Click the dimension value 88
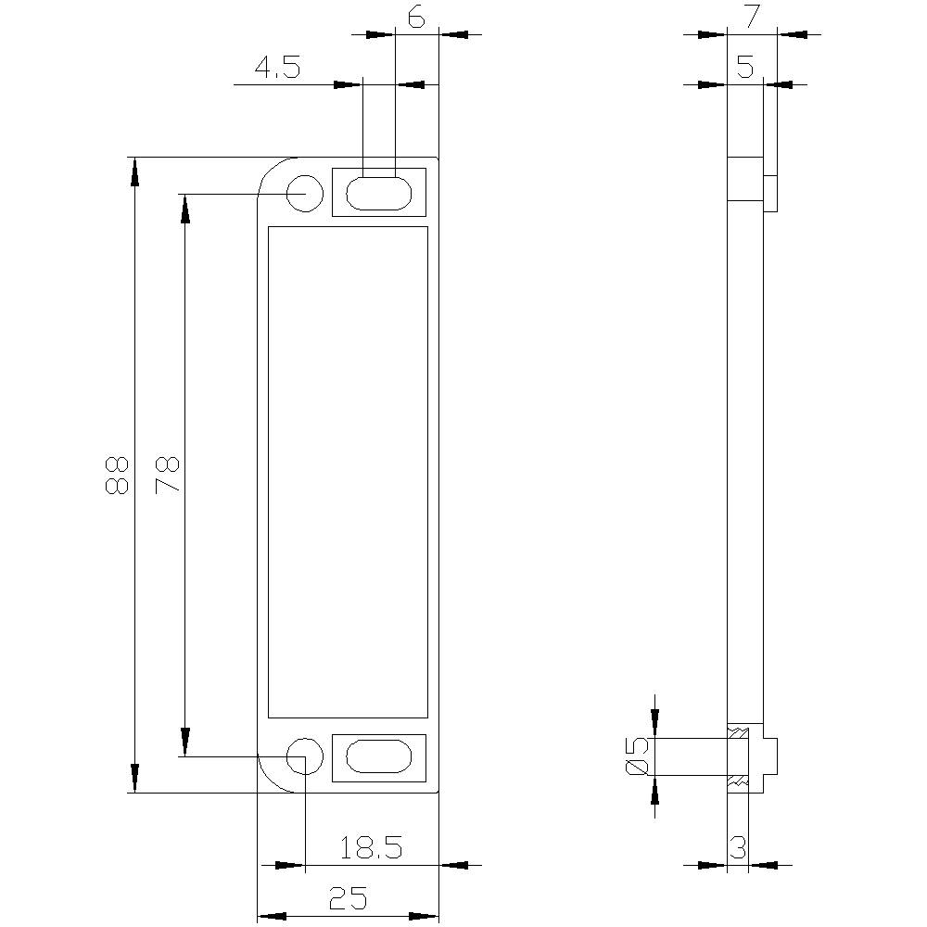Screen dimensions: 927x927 coord(116,475)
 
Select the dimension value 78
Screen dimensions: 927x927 coord(167,475)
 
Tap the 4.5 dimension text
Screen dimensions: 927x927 coord(277,69)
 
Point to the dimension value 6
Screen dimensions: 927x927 coord(416,19)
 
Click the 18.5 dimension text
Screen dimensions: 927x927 coord(370,847)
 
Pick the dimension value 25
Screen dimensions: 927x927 coord(348,897)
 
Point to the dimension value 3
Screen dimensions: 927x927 coord(738,847)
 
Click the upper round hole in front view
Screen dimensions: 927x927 coord(304,193)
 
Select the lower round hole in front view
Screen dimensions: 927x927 coord(304,756)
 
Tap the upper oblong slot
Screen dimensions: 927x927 coord(378,193)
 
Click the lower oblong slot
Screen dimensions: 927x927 coord(378,756)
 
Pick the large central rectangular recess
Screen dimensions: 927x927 coord(348,473)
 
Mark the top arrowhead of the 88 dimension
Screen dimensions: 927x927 coord(135,171)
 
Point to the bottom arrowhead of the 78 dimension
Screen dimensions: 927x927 coord(185,742)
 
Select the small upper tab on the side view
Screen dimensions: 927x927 coord(769,193)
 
